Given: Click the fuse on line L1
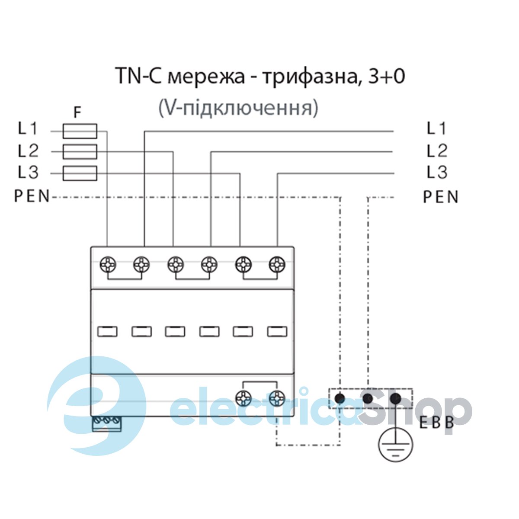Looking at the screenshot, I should [x=80, y=131].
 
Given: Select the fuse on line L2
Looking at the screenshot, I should [x=80, y=152].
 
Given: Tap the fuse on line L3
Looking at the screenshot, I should [x=80, y=173].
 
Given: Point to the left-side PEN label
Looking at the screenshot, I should [x=32, y=197].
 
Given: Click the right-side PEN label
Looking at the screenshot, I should [x=440, y=197].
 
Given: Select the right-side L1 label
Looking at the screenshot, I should [x=436, y=128].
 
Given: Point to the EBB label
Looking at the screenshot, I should [x=437, y=423].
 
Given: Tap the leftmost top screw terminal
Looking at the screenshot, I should [x=108, y=263].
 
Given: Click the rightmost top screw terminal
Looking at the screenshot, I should [x=277, y=263].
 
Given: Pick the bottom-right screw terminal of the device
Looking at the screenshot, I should [x=277, y=397].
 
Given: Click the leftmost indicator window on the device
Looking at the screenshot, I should [x=108, y=332].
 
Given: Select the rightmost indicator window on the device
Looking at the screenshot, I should [x=277, y=332].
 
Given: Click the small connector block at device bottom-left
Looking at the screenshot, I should [x=107, y=423].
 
